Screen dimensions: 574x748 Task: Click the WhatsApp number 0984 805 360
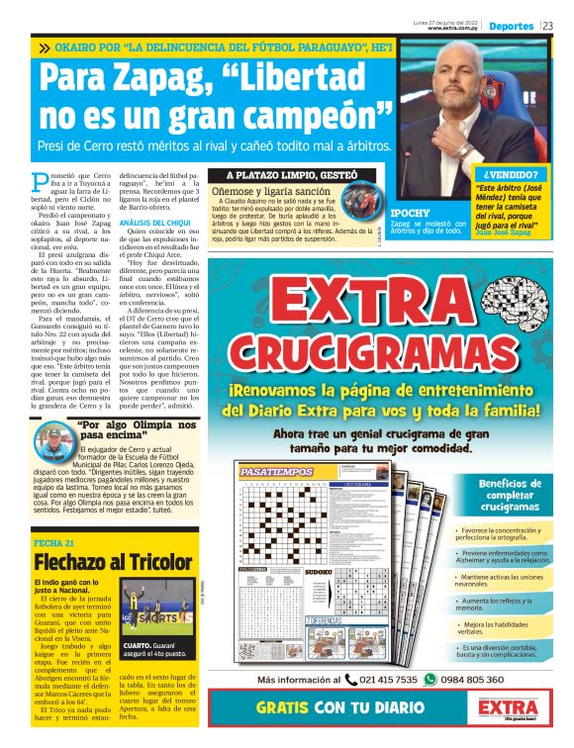coord(470,680)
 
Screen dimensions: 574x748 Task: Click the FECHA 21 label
coord(54,544)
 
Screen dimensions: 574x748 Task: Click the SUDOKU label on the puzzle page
coord(318,572)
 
